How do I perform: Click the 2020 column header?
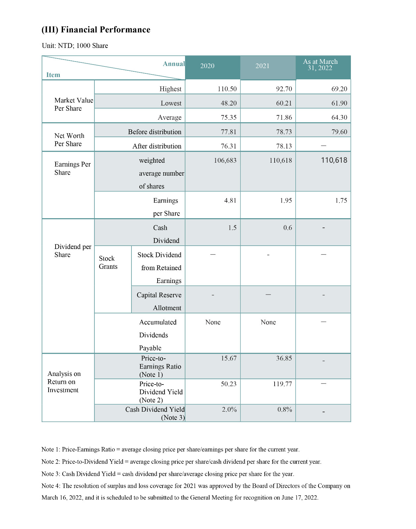pyautogui.click(x=207, y=66)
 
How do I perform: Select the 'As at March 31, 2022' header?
pyautogui.click(x=320, y=65)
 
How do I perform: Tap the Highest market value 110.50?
pyautogui.click(x=227, y=89)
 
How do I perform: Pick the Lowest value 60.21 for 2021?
pyautogui.click(x=284, y=103)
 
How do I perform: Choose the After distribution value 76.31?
pyautogui.click(x=228, y=146)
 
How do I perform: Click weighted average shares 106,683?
pyautogui.click(x=225, y=160)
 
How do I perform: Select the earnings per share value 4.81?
pyautogui.click(x=230, y=200)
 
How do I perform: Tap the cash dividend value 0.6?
pyautogui.click(x=287, y=228)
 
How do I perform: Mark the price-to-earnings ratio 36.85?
pyautogui.click(x=284, y=358)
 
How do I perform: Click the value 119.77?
pyautogui.click(x=282, y=384)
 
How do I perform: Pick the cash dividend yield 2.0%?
pyautogui.click(x=229, y=409)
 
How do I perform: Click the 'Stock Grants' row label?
pyautogui.click(x=108, y=263)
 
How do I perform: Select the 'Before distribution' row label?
pyautogui.click(x=155, y=132)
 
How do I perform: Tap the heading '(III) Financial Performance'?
pyautogui.click(x=96, y=30)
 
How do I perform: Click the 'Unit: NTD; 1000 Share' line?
pyautogui.click(x=75, y=46)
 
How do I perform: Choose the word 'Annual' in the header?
pyautogui.click(x=173, y=64)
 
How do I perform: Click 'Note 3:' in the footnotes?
pyautogui.click(x=51, y=474)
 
